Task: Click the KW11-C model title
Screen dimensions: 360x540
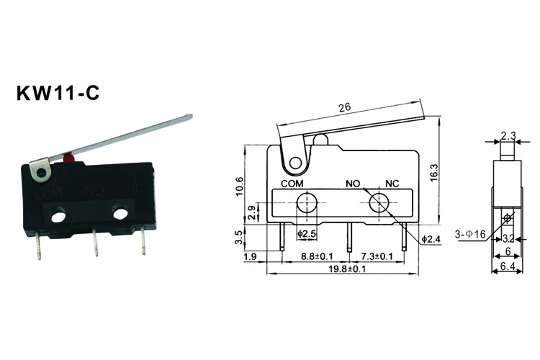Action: pyautogui.click(x=58, y=94)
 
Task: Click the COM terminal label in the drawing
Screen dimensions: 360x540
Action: pyautogui.click(x=290, y=184)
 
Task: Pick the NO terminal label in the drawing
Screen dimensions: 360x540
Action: pyautogui.click(x=353, y=184)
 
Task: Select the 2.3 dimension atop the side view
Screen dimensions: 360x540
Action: pyautogui.click(x=507, y=135)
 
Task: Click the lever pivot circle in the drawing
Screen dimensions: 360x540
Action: pyautogui.click(x=293, y=163)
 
